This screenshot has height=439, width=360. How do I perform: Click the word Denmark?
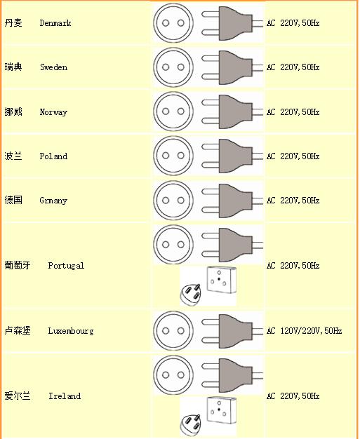pos(55,23)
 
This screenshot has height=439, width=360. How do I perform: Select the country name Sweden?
pos(53,67)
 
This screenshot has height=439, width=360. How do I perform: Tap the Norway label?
pos(53,112)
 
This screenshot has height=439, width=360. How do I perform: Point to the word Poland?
pos(53,156)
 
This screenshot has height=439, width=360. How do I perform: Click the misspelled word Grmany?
pos(53,201)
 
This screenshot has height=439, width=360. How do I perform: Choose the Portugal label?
pos(66,265)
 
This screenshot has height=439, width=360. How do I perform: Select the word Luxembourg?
pos(71,330)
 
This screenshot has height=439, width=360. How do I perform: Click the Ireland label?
pos(65,396)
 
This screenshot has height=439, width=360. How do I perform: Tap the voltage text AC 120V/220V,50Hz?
pos(305,330)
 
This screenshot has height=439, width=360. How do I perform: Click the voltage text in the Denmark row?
pos(293,23)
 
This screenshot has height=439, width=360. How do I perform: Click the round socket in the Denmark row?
pos(173,23)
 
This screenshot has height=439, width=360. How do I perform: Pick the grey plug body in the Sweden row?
pos(236,67)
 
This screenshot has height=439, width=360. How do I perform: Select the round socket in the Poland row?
pos(173,156)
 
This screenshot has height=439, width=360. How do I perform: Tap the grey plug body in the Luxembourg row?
pos(236,331)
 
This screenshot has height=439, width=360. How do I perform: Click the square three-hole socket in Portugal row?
pos(221,280)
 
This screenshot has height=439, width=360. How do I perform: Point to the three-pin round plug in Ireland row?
pos(190,425)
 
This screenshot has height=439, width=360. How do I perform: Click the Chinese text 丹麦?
pos(13,22)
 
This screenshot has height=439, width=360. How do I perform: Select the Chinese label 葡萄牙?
pos(18,265)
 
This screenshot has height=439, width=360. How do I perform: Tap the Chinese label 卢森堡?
pos(18,330)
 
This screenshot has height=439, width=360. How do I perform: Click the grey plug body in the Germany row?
pos(236,201)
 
